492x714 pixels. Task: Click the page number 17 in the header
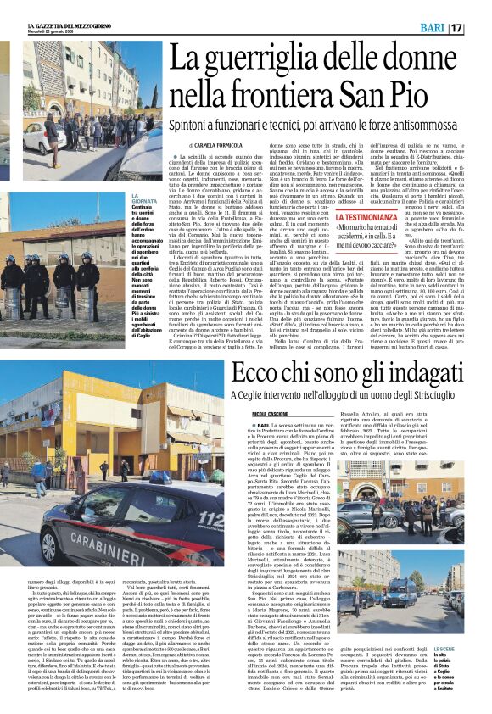pos(479,28)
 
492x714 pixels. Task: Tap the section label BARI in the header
pos(434,28)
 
